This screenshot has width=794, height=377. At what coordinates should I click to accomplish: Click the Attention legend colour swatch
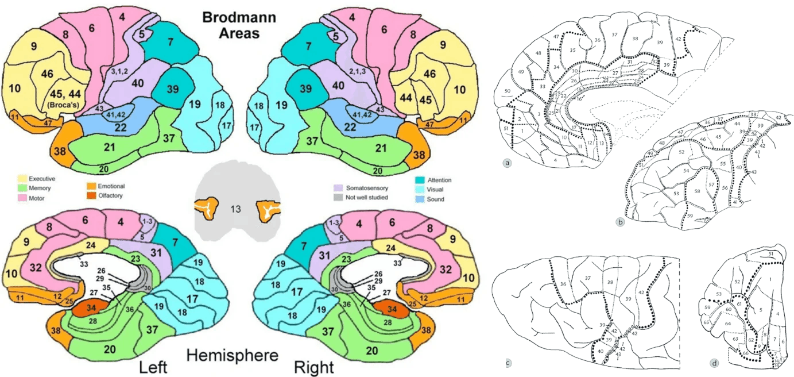(x=421, y=179)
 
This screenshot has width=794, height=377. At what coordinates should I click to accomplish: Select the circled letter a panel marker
(x=508, y=163)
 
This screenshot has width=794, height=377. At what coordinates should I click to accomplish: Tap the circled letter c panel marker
(x=508, y=363)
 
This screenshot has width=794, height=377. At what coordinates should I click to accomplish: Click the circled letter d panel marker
(x=714, y=363)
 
